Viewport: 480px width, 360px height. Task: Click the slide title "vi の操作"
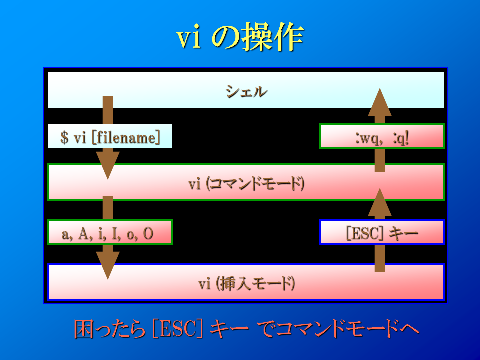click(240, 37)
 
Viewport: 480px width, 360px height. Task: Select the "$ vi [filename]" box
click(110, 136)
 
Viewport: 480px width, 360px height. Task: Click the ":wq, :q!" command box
click(381, 136)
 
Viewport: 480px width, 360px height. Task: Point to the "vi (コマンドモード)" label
click(246, 184)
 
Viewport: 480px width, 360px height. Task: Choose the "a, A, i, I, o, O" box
click(110, 232)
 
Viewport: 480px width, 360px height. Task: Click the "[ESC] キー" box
click(381, 232)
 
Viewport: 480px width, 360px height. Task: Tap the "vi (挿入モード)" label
click(246, 283)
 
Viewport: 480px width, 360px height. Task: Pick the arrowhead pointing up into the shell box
click(380, 102)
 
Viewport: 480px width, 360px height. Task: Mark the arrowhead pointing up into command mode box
click(380, 202)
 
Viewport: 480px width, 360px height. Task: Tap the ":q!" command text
click(401, 138)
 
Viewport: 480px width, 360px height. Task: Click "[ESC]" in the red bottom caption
click(178, 329)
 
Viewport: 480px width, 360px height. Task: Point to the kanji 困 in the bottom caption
click(84, 329)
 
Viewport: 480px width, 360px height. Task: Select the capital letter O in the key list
click(148, 234)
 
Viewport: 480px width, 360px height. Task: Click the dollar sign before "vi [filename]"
click(64, 137)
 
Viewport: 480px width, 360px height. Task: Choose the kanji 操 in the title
click(257, 37)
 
